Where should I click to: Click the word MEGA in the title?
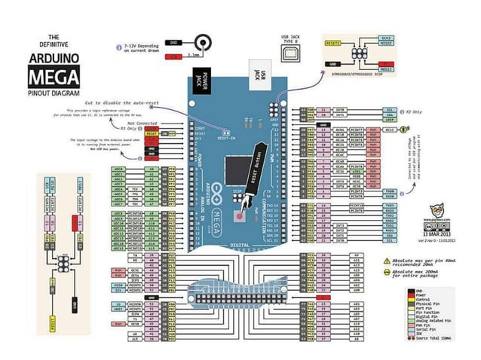(x=52, y=76)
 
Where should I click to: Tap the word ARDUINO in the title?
(x=53, y=57)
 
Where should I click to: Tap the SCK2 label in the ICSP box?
(x=387, y=37)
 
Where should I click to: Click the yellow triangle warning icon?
(x=387, y=260)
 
